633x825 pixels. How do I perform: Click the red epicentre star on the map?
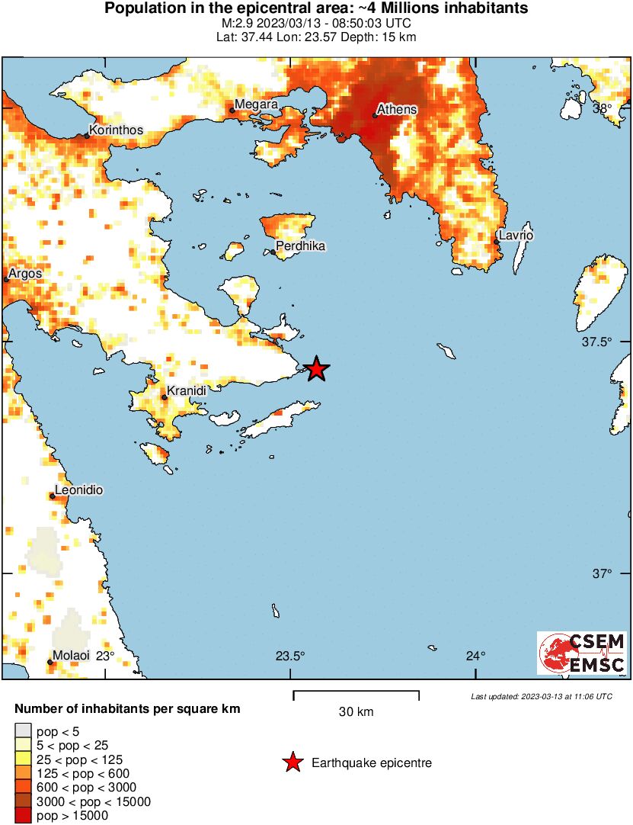pyautogui.click(x=317, y=369)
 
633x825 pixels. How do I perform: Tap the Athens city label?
pyautogui.click(x=398, y=109)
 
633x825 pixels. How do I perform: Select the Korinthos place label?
pyautogui.click(x=116, y=130)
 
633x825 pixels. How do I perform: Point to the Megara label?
pyautogui.click(x=256, y=104)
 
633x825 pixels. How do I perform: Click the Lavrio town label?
pyautogui.click(x=516, y=236)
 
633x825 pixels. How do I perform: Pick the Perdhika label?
pyautogui.click(x=300, y=246)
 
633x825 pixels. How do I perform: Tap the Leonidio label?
pyautogui.click(x=78, y=490)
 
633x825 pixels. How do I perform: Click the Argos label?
pyautogui.click(x=25, y=274)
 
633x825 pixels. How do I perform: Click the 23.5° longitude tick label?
pyautogui.click(x=290, y=656)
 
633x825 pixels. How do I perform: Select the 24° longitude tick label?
pyautogui.click(x=476, y=656)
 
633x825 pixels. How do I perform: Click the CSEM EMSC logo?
pyautogui.click(x=582, y=653)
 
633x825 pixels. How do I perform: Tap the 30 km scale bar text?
pyautogui.click(x=356, y=712)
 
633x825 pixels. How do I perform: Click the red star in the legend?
pyautogui.click(x=291, y=762)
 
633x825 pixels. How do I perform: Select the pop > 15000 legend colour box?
pyautogui.click(x=24, y=816)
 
